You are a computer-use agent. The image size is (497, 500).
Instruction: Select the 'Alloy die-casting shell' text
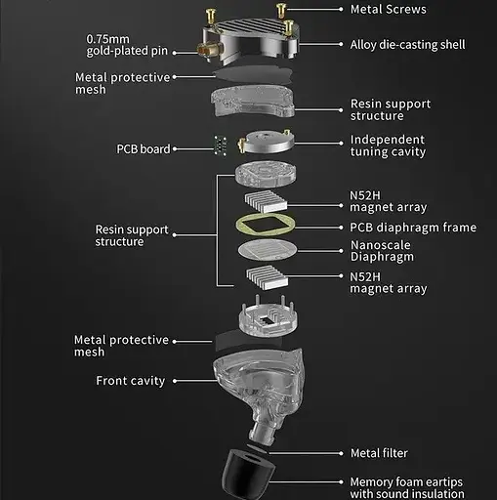coord(407,45)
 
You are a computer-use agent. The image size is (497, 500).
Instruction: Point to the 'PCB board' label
coord(143,149)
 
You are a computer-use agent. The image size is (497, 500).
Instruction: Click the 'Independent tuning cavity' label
coord(387,146)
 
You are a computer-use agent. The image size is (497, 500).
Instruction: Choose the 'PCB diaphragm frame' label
coord(413,228)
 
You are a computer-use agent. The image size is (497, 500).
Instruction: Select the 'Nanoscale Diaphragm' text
coord(382,251)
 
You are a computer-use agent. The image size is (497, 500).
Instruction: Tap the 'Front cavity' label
coord(130,381)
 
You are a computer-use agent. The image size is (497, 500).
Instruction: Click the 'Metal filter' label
coord(379,453)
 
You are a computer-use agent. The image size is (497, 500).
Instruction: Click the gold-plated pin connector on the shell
coord(207,49)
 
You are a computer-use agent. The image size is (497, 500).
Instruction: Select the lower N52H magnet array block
coord(261,280)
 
